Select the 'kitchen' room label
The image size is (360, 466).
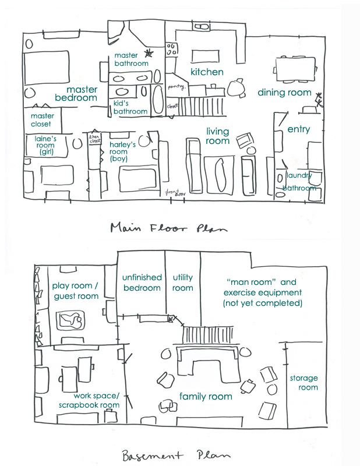207,72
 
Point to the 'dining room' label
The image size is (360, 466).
284,92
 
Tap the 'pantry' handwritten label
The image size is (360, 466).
176,87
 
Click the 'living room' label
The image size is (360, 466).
218,136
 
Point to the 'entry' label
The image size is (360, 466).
299,129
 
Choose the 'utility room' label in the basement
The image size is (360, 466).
182,283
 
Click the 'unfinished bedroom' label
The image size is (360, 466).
142,283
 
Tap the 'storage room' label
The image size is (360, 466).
304,383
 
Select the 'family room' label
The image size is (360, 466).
205,397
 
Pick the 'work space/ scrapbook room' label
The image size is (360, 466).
89,400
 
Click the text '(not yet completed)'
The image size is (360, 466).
262,303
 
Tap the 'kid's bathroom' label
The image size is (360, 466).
130,107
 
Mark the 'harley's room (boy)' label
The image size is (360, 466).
123,151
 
